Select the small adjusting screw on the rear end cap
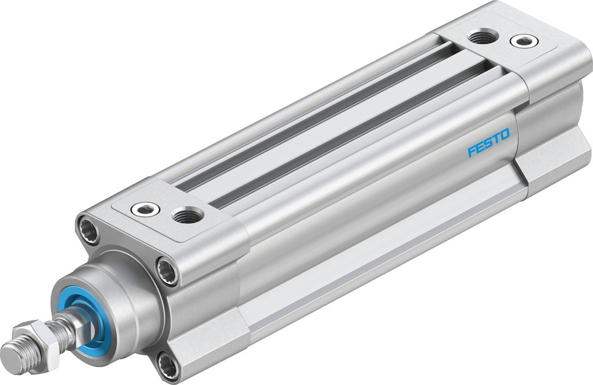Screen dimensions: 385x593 tap(524, 41)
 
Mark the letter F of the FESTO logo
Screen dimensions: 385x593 tap(472, 152)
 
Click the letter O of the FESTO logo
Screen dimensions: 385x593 tap(503, 137)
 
